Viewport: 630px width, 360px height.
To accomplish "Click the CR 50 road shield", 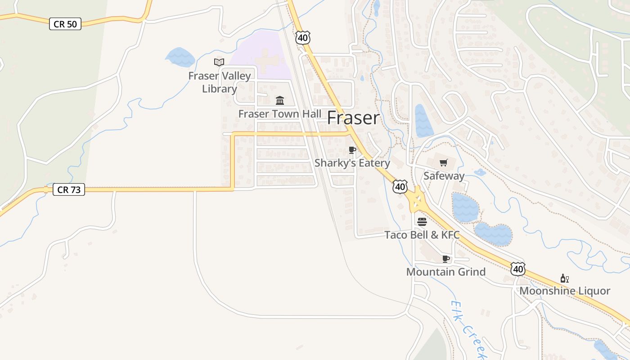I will tap(65, 24).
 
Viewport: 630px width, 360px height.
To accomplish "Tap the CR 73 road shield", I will tap(69, 190).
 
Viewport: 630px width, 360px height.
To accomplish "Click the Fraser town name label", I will tap(353, 118).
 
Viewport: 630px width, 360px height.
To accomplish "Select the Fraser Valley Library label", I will tap(219, 82).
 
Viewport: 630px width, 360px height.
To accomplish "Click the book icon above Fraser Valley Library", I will tap(219, 62).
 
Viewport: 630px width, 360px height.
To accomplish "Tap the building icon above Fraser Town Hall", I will tap(280, 100).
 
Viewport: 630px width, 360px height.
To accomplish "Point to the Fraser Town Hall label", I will tap(280, 114).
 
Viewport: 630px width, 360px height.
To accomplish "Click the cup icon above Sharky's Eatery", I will tap(352, 150).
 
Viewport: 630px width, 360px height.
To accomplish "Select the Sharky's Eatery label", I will tap(352, 163).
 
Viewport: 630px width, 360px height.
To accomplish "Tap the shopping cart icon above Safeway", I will tap(444, 162).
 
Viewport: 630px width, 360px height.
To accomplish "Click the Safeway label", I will tap(444, 176).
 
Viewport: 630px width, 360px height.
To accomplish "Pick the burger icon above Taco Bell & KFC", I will tap(422, 221).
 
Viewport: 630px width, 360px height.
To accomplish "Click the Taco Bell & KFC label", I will tap(422, 235).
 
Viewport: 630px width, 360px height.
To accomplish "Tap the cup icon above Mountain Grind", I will tap(445, 259).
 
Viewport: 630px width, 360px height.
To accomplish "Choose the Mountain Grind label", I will tap(445, 272).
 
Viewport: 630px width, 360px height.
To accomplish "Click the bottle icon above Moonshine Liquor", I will tap(565, 278).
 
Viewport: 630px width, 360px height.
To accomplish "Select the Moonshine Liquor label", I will tap(565, 291).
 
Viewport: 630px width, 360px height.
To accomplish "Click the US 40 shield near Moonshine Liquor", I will tap(518, 269).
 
